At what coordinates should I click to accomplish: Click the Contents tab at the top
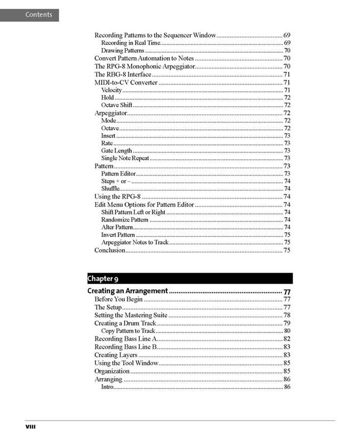click(30, 15)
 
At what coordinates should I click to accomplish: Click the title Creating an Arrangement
click(127, 291)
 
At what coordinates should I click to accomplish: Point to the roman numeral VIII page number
click(31, 426)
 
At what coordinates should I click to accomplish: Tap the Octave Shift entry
click(117, 105)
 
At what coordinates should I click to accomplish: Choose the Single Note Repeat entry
click(125, 158)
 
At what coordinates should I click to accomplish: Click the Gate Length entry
click(117, 151)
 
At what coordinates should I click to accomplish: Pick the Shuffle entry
click(111, 189)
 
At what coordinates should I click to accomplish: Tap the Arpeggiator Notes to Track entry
click(135, 242)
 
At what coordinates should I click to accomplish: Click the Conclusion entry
click(110, 250)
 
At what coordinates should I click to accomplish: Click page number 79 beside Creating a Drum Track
click(287, 323)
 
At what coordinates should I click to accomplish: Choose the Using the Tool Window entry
click(126, 363)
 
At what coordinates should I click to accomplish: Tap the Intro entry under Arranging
click(107, 387)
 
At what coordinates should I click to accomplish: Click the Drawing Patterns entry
click(122, 51)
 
